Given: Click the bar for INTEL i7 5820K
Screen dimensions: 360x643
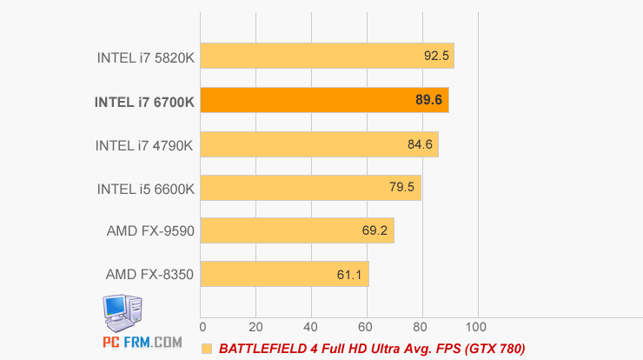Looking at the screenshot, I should (x=327, y=57).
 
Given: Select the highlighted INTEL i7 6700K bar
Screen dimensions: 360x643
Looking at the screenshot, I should (x=324, y=100).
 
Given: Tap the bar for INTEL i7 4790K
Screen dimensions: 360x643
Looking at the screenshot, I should (x=319, y=143).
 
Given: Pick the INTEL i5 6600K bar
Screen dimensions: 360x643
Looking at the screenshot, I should (x=310, y=187).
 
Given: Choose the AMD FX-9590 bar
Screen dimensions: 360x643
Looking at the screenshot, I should (x=297, y=230).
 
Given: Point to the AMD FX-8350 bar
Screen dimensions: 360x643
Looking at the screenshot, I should (x=284, y=274).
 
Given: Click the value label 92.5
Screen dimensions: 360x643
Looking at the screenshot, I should (x=436, y=57).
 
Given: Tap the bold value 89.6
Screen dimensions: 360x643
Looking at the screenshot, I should (x=429, y=100).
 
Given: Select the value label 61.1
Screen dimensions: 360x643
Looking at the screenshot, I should (x=349, y=274).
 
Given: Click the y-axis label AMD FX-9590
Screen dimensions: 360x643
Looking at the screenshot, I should (x=149, y=231).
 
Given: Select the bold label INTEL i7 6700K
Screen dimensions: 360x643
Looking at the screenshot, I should (x=144, y=102).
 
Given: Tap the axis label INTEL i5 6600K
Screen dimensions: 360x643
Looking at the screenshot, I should (x=144, y=188).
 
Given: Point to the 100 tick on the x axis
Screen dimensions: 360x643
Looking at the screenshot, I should (x=475, y=327).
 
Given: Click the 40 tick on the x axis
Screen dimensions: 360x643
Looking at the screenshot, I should (x=310, y=327).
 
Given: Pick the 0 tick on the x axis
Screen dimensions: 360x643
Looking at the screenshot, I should (x=202, y=327).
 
